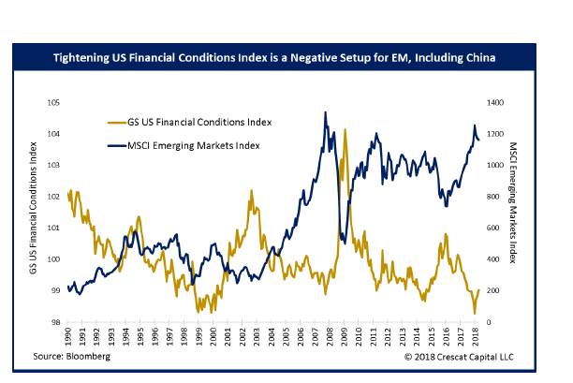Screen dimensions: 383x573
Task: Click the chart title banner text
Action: [x=286, y=59]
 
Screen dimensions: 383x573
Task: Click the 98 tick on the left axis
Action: [x=55, y=323]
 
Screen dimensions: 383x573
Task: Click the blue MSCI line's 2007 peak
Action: [x=325, y=112]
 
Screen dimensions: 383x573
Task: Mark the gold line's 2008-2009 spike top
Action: [x=346, y=130]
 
